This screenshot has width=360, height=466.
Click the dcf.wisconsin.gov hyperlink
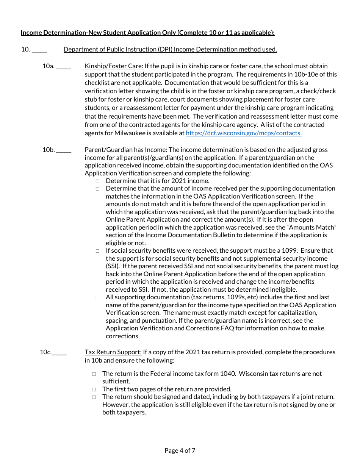244,133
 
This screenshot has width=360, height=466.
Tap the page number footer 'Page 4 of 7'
180,450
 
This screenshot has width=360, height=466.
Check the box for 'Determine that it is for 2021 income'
97,181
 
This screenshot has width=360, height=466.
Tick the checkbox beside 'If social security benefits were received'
97,251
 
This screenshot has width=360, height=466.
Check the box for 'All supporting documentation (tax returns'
97,298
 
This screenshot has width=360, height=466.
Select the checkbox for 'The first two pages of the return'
94,389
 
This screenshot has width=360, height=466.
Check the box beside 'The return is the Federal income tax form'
94,374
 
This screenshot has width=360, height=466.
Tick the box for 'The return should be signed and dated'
94,397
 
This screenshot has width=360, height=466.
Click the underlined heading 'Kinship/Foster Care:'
114,66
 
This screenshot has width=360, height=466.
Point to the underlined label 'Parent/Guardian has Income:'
126,150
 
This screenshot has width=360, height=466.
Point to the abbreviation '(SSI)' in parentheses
113,266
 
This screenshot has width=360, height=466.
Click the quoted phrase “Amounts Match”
315,227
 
